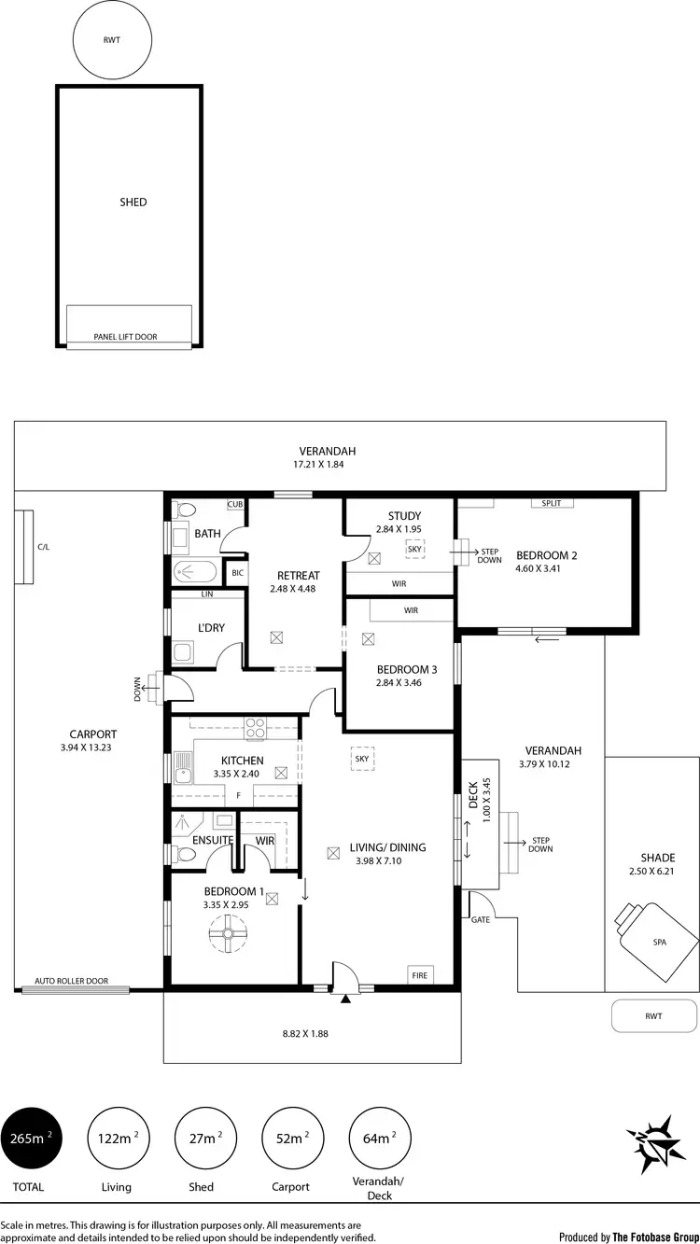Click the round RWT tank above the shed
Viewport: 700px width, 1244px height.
pyautogui.click(x=111, y=40)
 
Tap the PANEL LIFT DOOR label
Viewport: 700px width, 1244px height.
pyautogui.click(x=125, y=337)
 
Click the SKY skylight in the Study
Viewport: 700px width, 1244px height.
pyautogui.click(x=414, y=550)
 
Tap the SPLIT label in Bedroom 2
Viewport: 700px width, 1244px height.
pyautogui.click(x=552, y=503)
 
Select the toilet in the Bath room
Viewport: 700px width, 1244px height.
pyautogui.click(x=184, y=510)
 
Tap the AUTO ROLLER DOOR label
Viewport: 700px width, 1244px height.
pyautogui.click(x=71, y=982)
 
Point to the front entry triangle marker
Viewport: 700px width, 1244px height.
pyautogui.click(x=346, y=999)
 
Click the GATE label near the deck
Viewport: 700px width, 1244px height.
pyautogui.click(x=480, y=919)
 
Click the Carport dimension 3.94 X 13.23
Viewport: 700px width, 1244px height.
pyautogui.click(x=92, y=748)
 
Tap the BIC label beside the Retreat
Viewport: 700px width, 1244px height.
pyautogui.click(x=237, y=573)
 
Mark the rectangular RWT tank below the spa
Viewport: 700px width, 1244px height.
pyautogui.click(x=653, y=1016)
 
